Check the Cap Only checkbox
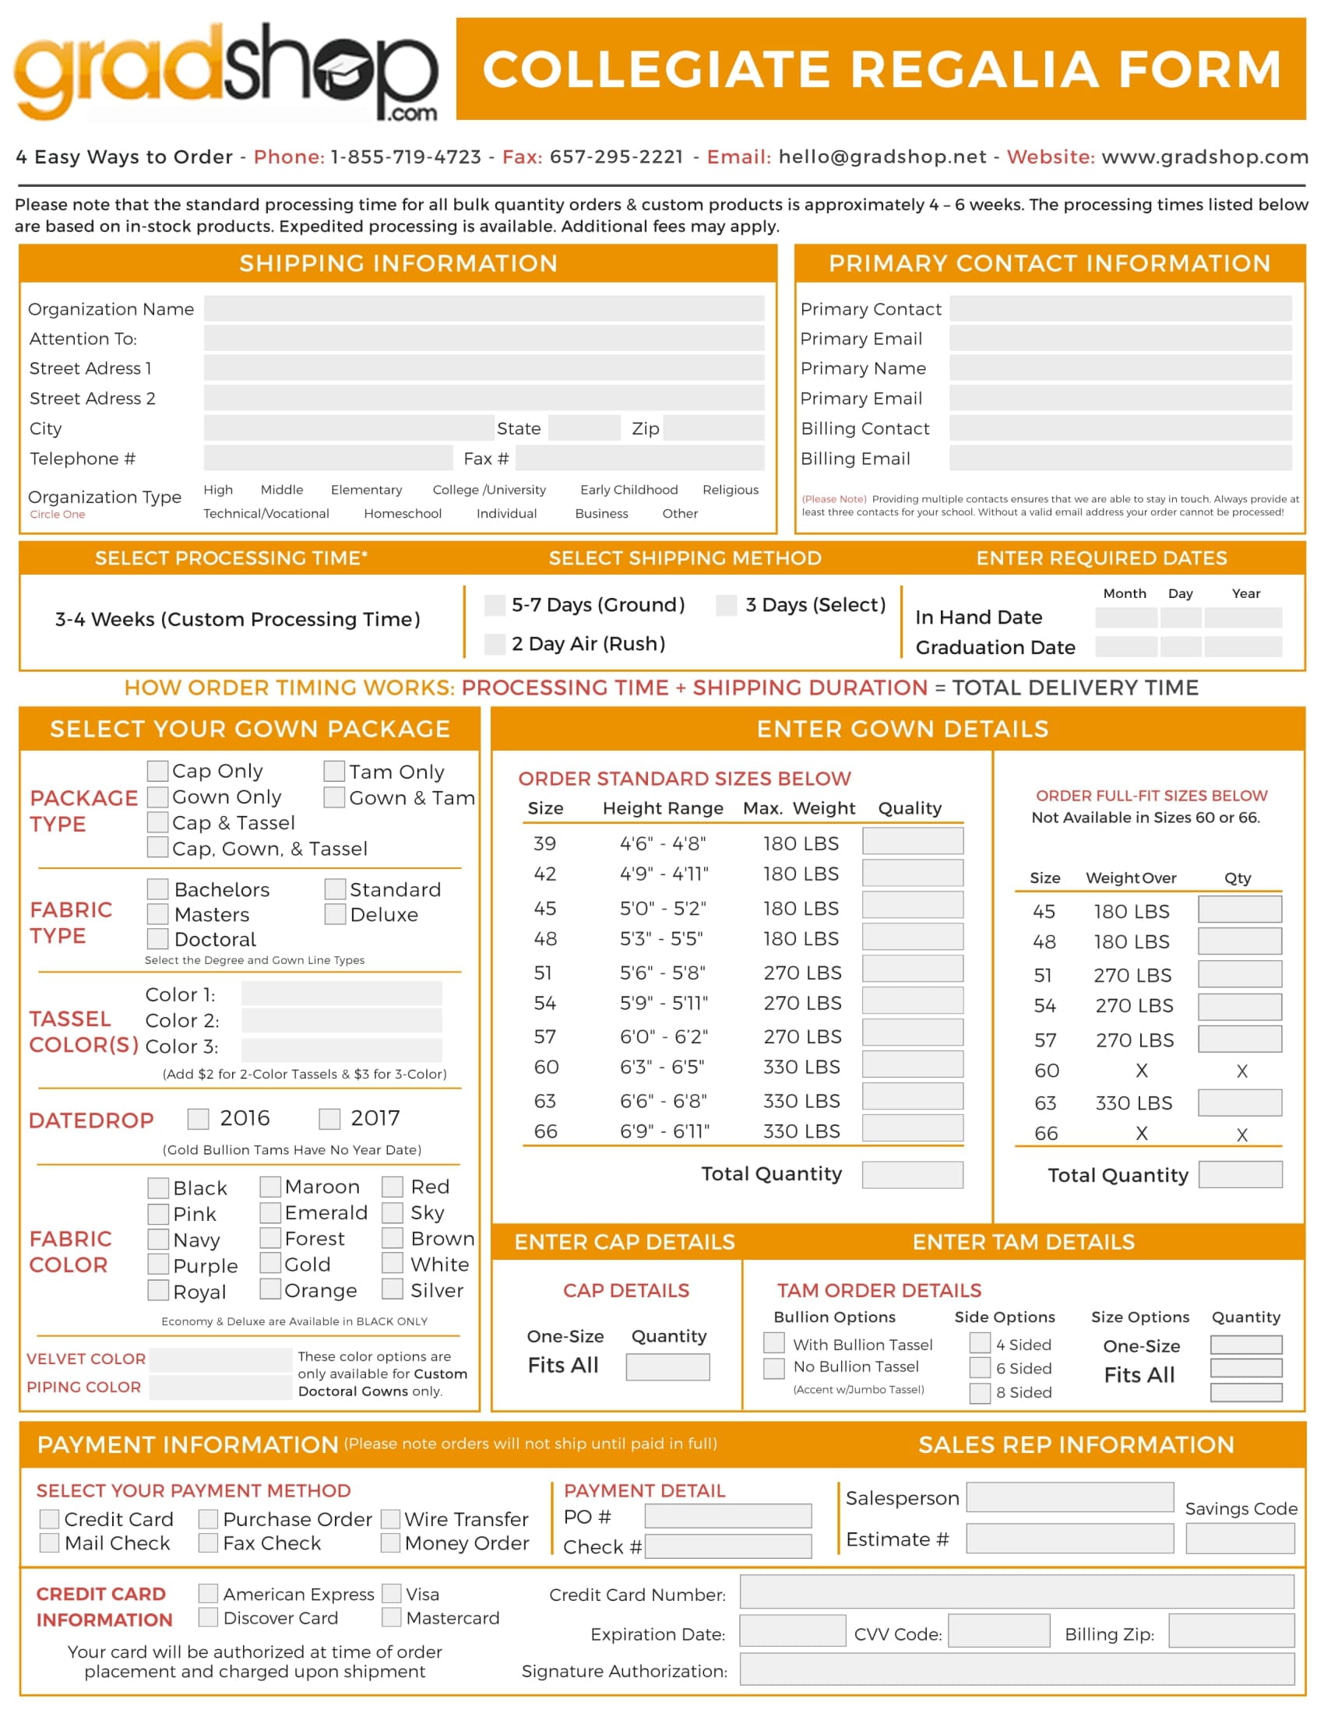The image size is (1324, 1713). click(157, 771)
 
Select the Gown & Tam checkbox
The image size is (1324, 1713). click(334, 797)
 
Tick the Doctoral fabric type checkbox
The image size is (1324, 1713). click(157, 939)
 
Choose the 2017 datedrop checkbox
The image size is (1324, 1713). click(329, 1118)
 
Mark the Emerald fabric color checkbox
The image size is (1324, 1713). click(270, 1212)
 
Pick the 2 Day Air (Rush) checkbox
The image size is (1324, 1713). click(495, 644)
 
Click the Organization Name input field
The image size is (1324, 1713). click(484, 308)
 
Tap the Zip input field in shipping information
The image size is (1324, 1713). click(713, 428)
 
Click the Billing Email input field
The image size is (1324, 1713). click(1120, 458)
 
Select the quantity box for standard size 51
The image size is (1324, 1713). click(912, 969)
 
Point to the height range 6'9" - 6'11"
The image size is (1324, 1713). click(664, 1131)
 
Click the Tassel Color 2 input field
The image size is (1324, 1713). click(341, 1021)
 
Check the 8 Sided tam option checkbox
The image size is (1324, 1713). click(980, 1393)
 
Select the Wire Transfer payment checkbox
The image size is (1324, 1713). click(391, 1519)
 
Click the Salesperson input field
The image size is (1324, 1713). click(1070, 1497)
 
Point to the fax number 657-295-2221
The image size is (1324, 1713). click(617, 157)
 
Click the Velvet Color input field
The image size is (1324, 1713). click(220, 1359)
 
